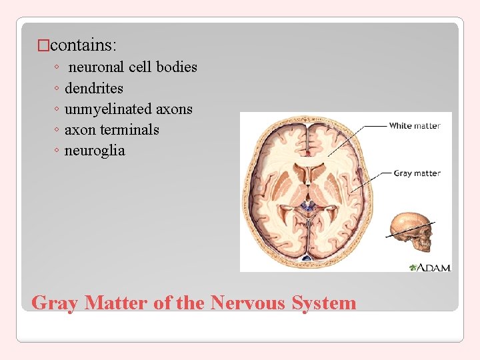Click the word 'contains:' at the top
point(83,45)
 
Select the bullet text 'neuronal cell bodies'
point(133,67)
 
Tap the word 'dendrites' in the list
point(94,88)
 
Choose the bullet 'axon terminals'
point(112,130)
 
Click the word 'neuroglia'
point(95,151)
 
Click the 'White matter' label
point(414,125)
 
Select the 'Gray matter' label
point(417,173)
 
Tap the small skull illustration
point(411,231)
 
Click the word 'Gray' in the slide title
point(55,303)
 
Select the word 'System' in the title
point(327,303)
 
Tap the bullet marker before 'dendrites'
point(57,89)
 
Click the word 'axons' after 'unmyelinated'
point(175,109)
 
